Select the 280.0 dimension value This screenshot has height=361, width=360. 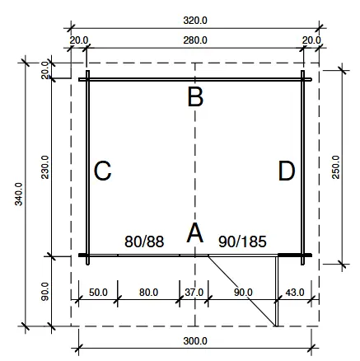(196, 39)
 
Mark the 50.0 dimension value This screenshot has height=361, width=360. (99, 292)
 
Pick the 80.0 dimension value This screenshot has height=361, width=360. (149, 292)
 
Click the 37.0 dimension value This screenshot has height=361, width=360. (194, 292)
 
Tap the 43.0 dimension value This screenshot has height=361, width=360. (294, 292)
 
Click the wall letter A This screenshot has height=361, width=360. (195, 233)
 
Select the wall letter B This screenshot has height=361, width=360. (195, 97)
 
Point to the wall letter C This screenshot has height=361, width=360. (103, 171)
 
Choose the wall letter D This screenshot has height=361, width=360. (287, 171)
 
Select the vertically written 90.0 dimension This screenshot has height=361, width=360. (46, 291)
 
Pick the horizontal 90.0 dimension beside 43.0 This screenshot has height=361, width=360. (244, 292)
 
